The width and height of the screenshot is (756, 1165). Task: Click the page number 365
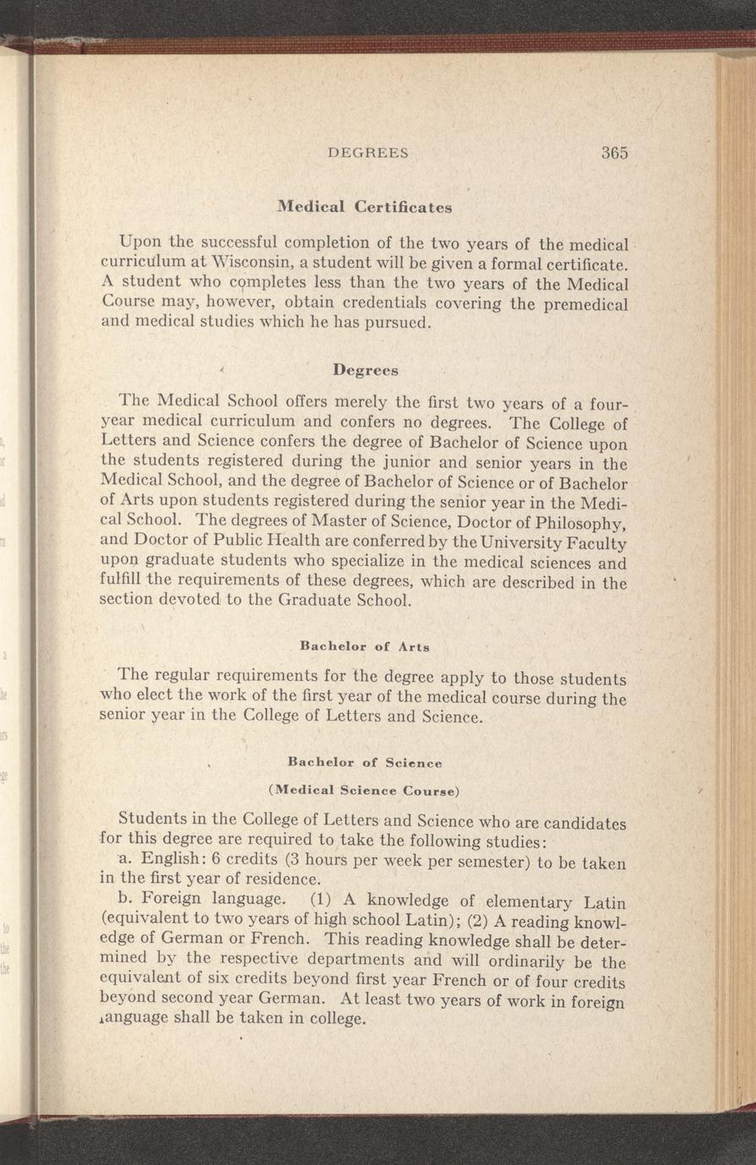pos(614,153)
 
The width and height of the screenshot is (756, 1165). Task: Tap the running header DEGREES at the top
pos(368,154)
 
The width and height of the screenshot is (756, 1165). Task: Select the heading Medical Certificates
pos(365,207)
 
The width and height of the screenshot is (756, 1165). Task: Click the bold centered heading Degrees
pos(365,370)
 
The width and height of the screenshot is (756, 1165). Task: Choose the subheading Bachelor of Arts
pos(365,647)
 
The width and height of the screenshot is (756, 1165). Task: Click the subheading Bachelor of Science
pos(365,763)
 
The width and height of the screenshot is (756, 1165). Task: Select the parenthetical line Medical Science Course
pos(365,792)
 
